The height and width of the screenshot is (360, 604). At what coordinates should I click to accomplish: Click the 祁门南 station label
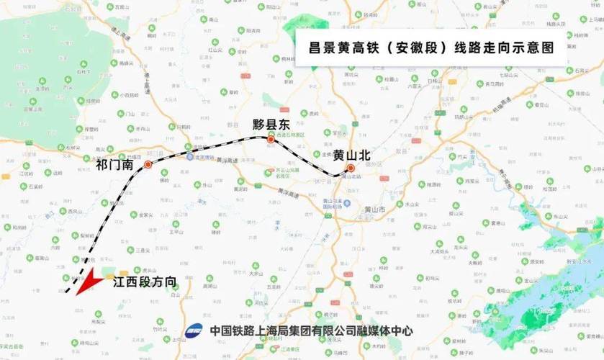(115, 165)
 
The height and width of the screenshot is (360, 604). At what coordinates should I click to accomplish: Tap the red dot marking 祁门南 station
(148, 165)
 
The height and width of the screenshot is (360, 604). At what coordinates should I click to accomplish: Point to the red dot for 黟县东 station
(271, 140)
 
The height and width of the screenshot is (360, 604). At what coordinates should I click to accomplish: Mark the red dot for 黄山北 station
(351, 168)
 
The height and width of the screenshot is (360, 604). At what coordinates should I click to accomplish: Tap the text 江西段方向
(145, 283)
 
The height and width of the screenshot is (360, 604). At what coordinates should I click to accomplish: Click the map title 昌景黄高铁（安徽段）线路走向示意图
(431, 48)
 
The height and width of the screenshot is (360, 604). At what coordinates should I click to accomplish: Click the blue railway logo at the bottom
(194, 331)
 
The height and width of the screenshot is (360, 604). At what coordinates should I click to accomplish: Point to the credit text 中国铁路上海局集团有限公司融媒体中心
(311, 331)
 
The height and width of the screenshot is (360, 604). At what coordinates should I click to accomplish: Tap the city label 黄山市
(376, 210)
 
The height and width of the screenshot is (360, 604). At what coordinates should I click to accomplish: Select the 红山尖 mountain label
(216, 50)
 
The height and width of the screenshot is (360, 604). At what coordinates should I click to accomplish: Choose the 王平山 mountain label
(177, 232)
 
